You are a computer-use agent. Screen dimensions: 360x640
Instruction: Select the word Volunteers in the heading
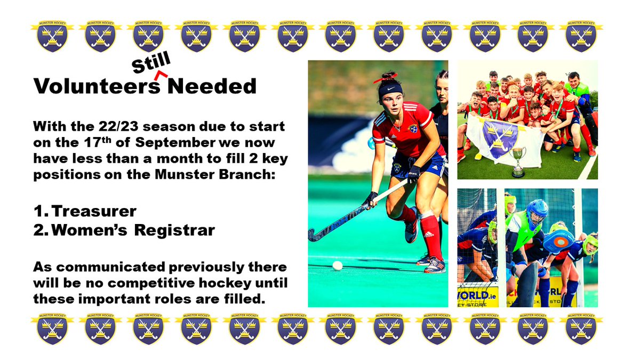coord(97,86)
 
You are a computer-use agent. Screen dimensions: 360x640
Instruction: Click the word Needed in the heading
coord(212,86)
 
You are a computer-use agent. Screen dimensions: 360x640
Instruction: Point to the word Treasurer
coord(95,212)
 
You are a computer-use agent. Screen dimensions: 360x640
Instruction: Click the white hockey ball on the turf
coord(337,265)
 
